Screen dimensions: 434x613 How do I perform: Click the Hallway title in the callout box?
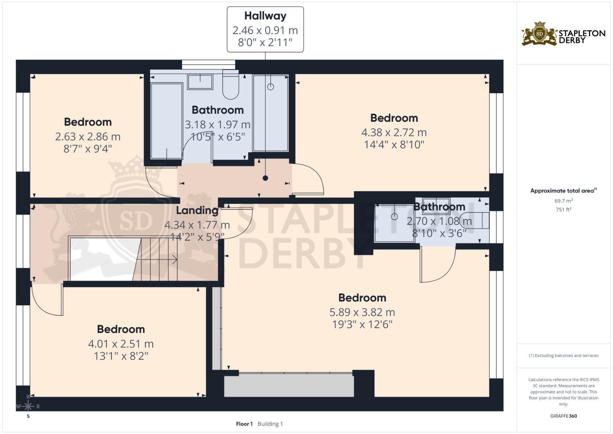tap(265, 16)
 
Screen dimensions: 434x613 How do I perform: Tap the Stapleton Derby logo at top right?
tap(563, 34)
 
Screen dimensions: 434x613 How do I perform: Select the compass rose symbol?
tap(28, 406)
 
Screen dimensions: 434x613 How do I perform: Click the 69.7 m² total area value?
tap(563, 201)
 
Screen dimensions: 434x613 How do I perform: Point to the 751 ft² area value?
tap(563, 209)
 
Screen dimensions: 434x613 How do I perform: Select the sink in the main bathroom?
tap(200, 82)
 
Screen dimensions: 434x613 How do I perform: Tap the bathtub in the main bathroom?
tap(166, 121)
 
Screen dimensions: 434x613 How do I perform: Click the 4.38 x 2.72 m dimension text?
tap(393, 132)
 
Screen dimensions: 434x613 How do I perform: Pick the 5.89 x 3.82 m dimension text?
tap(362, 312)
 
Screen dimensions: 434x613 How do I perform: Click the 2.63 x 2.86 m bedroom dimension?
tap(88, 137)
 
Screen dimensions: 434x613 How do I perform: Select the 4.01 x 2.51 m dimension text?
tap(120, 344)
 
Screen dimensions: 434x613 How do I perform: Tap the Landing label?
tap(197, 210)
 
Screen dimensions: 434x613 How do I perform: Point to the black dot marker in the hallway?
tap(265, 178)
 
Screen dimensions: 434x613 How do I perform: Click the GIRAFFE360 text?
tap(563, 416)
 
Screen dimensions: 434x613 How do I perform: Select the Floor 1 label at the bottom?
tap(244, 424)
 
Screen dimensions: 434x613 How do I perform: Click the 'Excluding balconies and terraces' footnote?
tap(563, 356)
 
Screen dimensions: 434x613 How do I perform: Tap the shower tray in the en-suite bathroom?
tap(394, 223)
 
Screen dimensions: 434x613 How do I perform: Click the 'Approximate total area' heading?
tap(563, 191)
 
